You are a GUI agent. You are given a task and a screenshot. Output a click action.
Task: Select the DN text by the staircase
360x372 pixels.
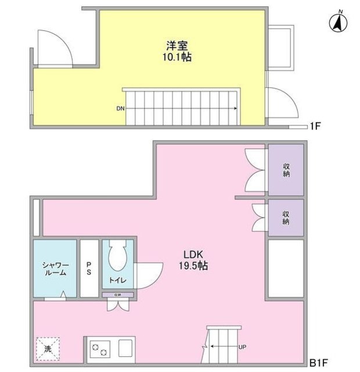(120, 108)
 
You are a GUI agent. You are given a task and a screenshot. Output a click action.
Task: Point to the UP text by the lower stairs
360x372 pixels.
(242, 347)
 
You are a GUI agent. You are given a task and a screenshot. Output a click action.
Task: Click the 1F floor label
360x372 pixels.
(315, 126)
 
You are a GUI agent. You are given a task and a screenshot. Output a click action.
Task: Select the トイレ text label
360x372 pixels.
(118, 281)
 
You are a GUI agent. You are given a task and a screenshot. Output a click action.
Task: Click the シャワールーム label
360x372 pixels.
(55, 269)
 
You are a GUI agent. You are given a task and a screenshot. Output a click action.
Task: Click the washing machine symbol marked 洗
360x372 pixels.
(48, 349)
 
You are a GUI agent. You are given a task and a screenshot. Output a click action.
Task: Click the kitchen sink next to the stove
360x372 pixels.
(127, 348)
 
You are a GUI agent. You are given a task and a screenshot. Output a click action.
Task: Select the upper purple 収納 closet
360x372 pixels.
(286, 170)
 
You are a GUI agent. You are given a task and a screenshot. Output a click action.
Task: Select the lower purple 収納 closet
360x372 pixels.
(286, 217)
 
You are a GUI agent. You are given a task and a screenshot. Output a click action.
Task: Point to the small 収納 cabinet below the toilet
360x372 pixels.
(118, 295)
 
